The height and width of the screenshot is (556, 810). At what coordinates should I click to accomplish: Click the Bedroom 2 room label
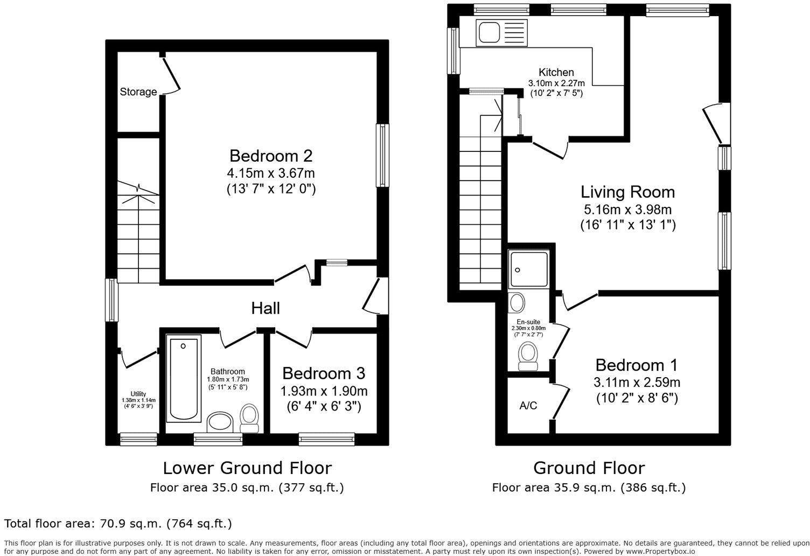click(270, 156)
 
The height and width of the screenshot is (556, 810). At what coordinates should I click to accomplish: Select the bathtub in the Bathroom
click(184, 379)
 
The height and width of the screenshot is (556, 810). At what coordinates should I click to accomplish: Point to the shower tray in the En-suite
click(529, 269)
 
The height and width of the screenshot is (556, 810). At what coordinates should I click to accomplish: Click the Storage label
click(138, 92)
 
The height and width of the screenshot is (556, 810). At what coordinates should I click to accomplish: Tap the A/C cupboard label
click(528, 406)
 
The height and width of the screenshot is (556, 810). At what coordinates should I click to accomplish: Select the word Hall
click(266, 308)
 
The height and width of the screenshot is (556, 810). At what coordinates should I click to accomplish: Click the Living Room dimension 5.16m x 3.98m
click(627, 210)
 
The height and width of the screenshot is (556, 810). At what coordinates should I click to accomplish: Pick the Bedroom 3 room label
click(323, 373)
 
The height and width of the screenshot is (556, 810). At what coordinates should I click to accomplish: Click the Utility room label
click(138, 394)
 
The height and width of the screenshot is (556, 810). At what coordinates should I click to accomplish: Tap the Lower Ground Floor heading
click(247, 468)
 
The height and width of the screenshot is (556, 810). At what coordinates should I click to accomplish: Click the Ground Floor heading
click(589, 468)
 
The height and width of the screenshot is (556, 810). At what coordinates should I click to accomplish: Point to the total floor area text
click(118, 523)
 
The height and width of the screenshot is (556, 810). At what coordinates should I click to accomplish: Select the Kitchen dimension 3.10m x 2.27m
click(556, 84)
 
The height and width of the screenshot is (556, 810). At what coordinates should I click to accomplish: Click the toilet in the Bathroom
click(249, 418)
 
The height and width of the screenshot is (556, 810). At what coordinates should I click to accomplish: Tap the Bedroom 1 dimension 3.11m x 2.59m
click(637, 383)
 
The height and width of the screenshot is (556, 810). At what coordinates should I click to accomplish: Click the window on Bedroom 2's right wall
click(382, 156)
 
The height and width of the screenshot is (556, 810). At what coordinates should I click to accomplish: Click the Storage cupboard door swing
click(172, 75)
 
